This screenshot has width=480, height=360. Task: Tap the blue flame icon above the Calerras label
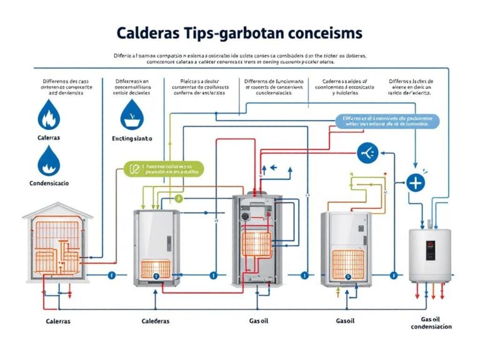click(x=47, y=116)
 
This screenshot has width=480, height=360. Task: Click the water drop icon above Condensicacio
click(x=47, y=162)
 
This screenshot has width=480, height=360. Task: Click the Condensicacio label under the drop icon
click(x=49, y=184)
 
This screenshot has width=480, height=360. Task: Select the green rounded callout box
click(x=165, y=169)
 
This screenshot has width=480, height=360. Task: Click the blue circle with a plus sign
click(x=416, y=183)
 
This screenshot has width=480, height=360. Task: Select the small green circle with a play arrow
click(x=178, y=199)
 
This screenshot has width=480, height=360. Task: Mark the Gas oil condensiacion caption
click(x=431, y=322)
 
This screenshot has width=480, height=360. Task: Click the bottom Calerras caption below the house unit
click(x=58, y=321)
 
